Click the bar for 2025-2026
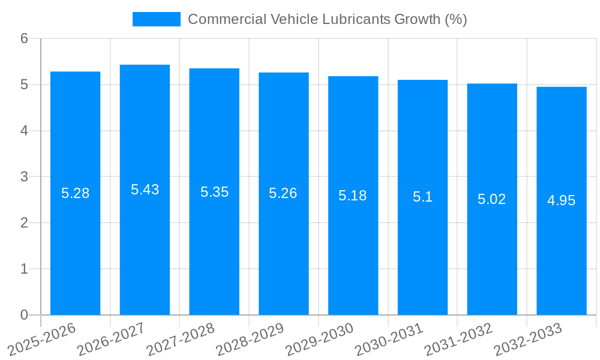[75, 252]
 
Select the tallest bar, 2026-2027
[145, 252]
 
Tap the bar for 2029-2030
[353, 252]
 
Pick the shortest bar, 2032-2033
[562, 252]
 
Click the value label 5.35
[214, 192]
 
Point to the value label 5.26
[283, 193]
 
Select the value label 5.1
[422, 197]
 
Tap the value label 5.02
[492, 199]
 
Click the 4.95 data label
[562, 200]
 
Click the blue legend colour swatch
[156, 19]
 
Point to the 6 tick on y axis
[24, 38]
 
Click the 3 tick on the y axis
[24, 177]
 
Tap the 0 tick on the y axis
[24, 315]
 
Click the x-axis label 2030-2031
[389, 340]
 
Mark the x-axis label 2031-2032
[459, 340]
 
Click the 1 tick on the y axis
[24, 269]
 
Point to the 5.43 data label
[145, 190]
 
